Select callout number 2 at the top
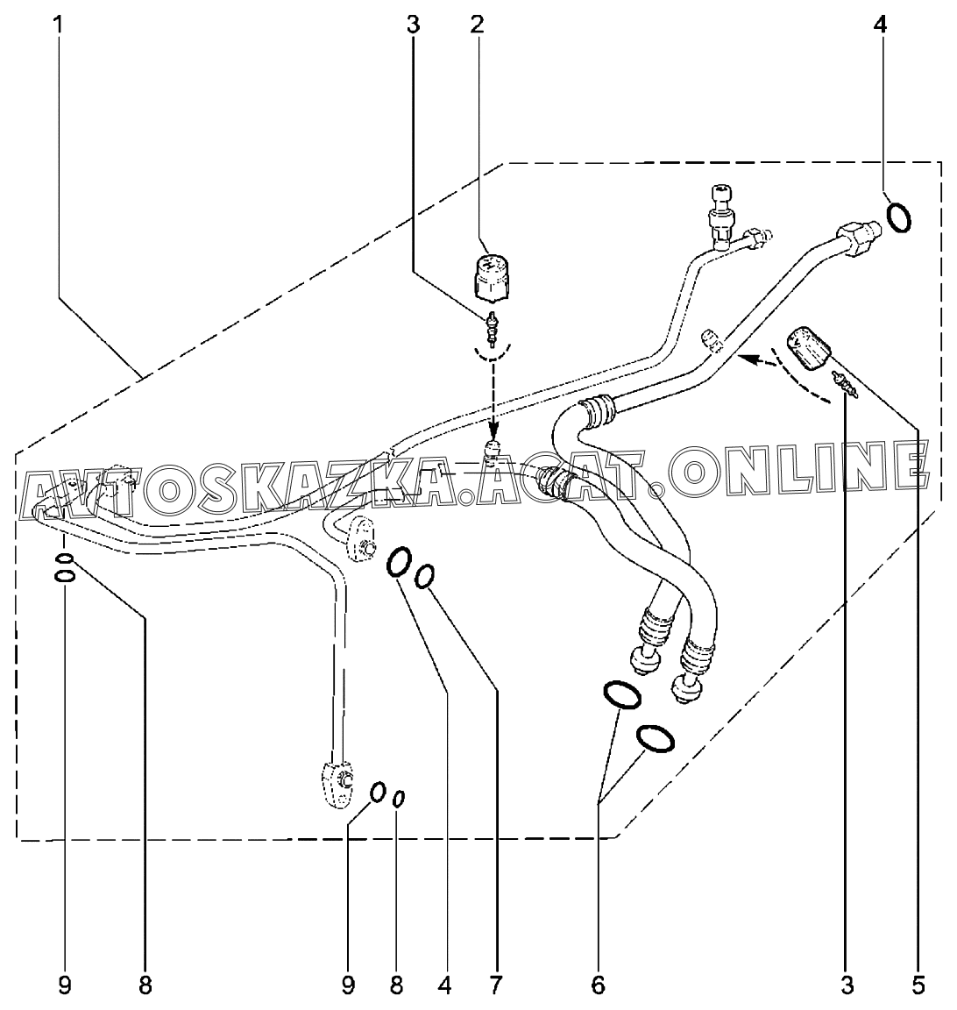point(477,25)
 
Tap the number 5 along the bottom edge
point(918,985)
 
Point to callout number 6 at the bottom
point(598,985)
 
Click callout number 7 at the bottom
point(495,985)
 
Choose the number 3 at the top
point(413,25)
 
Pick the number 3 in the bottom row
point(847,985)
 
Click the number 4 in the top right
point(880,25)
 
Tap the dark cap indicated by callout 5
point(810,346)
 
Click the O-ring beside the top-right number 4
point(897,217)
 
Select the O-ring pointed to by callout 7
point(425,576)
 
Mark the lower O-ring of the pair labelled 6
point(655,738)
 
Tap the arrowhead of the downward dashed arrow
point(493,434)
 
